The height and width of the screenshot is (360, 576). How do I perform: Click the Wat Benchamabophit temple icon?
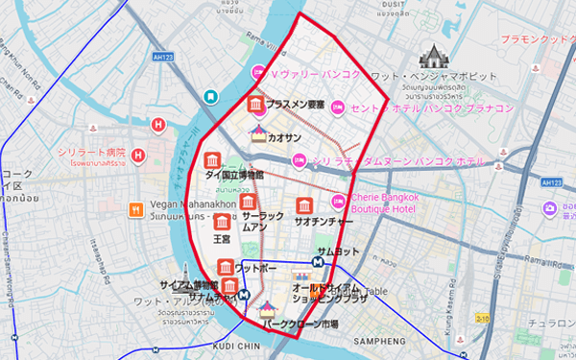coord(433,54)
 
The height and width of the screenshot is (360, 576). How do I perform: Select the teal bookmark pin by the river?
coord(210,96)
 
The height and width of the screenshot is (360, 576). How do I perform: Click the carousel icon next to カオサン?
coord(258,135)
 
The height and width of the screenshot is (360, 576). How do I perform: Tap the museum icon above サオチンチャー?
coord(303,205)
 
